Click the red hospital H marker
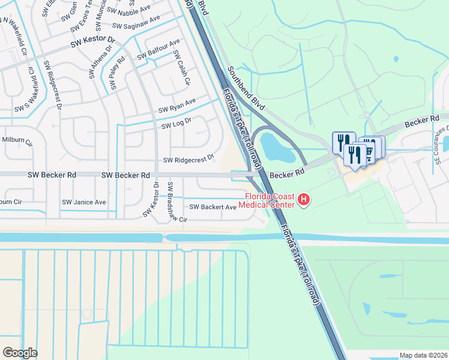tap(304, 200)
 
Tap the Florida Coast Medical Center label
tap(268, 200)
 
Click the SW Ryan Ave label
tap(177, 106)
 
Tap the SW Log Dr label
tap(176, 123)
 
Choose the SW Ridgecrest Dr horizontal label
tap(188, 160)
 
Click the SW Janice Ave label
tap(83, 202)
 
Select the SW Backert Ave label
tap(213, 207)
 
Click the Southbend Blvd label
tap(246, 90)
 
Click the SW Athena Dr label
tap(101, 62)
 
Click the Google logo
tap(20, 352)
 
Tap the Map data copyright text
tap(423, 355)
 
